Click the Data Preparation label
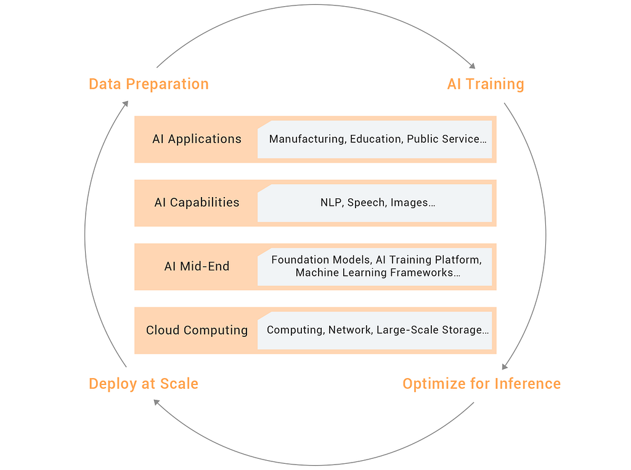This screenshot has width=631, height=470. click(x=149, y=84)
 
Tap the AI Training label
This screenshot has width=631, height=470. click(x=486, y=84)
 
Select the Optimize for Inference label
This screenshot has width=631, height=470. click(x=482, y=384)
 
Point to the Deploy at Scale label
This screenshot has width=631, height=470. click(x=144, y=384)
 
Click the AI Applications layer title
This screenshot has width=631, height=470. click(x=197, y=139)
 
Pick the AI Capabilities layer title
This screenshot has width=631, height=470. click(x=197, y=203)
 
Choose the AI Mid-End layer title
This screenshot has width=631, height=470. click(x=197, y=266)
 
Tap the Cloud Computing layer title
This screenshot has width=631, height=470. click(x=197, y=330)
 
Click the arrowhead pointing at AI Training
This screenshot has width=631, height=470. click(x=473, y=65)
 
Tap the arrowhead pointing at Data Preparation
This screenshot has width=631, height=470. click(x=125, y=104)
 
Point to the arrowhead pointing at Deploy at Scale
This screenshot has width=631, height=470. click(x=157, y=402)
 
